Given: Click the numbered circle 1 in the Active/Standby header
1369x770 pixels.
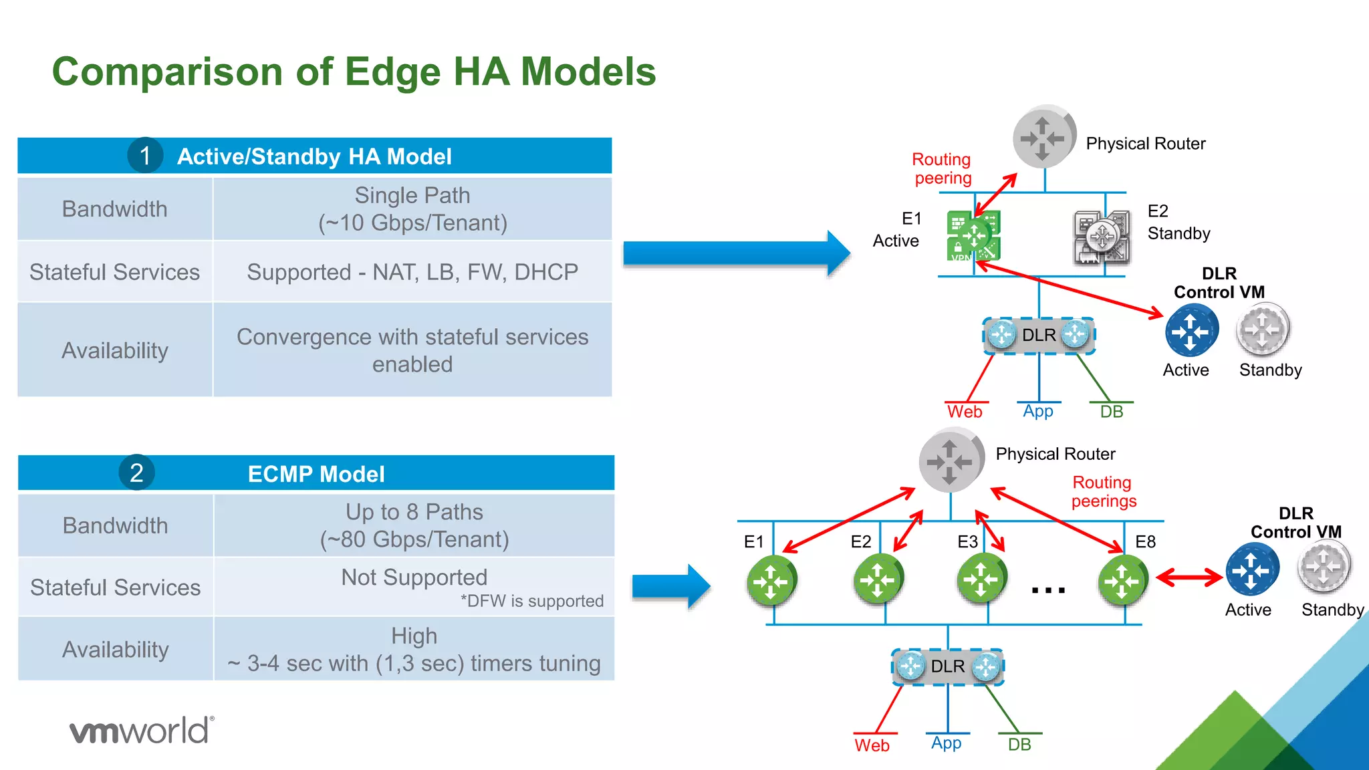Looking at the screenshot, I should point(145,155).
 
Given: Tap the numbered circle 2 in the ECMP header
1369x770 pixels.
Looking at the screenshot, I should point(136,473).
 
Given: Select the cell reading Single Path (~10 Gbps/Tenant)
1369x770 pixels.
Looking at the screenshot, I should point(412,209).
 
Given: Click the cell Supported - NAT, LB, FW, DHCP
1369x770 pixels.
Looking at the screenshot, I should point(412,272).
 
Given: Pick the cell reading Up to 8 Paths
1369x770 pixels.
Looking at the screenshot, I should point(414,525).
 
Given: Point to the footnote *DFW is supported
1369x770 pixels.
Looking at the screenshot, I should point(531,601).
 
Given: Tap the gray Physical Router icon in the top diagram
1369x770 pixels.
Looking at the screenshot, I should point(1043,137).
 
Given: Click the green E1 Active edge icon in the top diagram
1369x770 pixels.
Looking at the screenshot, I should point(973,235).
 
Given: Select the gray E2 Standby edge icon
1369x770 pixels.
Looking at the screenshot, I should point(1102,237).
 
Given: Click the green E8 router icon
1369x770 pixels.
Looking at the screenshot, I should point(1122,580).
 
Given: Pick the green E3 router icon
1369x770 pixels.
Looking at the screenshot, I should point(981,579).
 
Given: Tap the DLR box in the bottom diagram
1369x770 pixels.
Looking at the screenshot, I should point(948,666).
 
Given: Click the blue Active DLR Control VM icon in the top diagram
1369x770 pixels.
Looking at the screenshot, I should point(1191,330).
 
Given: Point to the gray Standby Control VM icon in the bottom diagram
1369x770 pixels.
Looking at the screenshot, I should point(1324,567).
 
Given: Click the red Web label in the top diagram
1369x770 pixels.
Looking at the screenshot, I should point(965,412).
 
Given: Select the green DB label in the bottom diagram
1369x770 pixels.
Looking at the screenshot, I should point(1019,745).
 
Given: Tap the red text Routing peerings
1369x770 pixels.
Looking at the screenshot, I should point(1103,491).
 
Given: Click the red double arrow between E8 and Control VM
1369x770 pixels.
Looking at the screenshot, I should point(1189,577).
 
